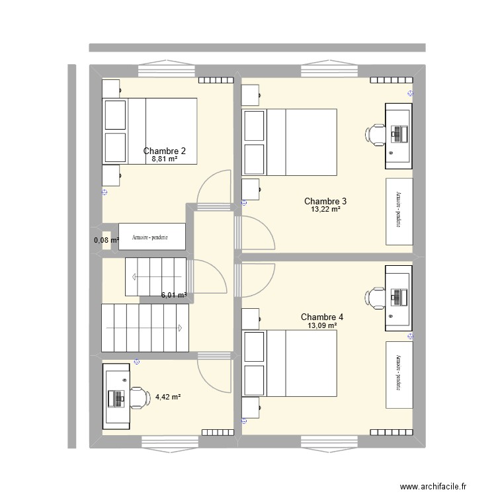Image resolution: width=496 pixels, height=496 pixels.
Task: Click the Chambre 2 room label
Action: click(165, 151)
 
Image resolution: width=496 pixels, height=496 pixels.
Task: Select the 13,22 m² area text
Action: click(325, 210)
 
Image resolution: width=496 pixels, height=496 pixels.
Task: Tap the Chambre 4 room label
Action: click(322, 317)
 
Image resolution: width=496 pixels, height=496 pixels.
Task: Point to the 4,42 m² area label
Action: click(168, 397)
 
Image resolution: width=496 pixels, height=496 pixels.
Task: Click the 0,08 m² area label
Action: click(106, 240)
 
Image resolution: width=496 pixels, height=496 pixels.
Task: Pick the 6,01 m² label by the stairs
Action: click(174, 296)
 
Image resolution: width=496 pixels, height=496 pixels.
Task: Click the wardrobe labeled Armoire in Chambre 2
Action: click(152, 237)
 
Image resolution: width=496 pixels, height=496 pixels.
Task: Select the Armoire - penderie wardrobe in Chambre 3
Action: click(399, 211)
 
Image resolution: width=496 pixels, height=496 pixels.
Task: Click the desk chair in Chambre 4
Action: click(376, 298)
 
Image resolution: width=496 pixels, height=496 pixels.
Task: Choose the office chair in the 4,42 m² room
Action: click(137, 398)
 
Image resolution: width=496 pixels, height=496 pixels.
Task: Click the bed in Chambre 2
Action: click(150, 130)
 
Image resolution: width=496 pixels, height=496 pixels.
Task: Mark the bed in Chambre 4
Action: click(290, 361)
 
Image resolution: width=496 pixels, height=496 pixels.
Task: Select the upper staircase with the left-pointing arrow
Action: click(156, 276)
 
